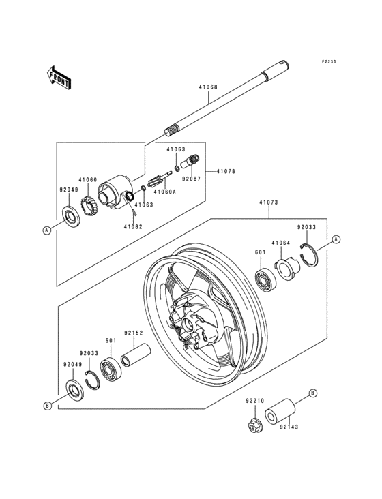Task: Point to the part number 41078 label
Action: [x=227, y=171]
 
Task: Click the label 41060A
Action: [x=164, y=192]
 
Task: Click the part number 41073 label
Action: [x=269, y=202]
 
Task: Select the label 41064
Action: [x=281, y=242]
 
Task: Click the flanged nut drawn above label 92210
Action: [x=254, y=425]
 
